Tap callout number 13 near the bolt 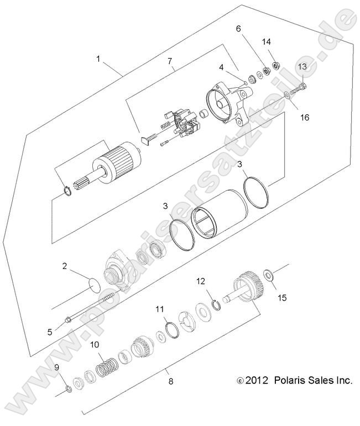pos(302,66)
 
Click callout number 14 pos(266,41)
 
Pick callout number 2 pos(65,266)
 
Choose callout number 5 pos(50,332)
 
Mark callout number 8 pos(170,380)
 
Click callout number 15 pos(282,298)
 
